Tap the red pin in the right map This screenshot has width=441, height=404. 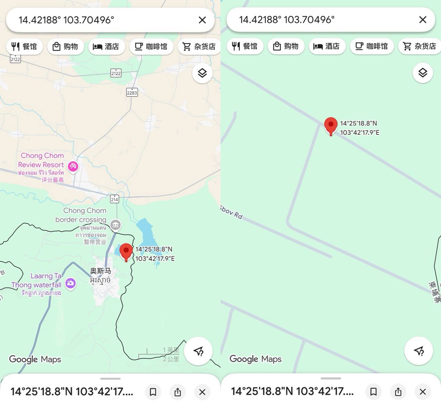click(331, 125)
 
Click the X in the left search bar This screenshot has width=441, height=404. click(202, 20)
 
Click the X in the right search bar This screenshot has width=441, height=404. click(423, 20)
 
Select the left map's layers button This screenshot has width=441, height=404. click(202, 73)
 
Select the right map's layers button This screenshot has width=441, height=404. click(423, 73)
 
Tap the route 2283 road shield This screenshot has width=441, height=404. click(132, 92)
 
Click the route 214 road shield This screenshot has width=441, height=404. click(114, 199)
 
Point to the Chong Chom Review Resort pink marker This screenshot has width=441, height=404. click(73, 167)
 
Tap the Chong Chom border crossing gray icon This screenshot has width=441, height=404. click(115, 225)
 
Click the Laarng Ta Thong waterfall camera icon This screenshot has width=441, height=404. click(70, 283)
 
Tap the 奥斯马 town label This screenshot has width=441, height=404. click(100, 271)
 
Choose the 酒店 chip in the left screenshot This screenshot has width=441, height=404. click(106, 46)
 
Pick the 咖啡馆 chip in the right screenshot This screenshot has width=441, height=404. click(372, 46)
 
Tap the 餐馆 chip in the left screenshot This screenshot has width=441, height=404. click(24, 46)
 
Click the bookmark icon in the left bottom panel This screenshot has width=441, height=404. click(153, 392)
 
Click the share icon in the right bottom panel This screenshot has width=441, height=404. click(398, 392)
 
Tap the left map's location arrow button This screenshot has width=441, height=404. click(198, 351)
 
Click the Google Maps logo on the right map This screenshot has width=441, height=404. click(255, 359)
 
